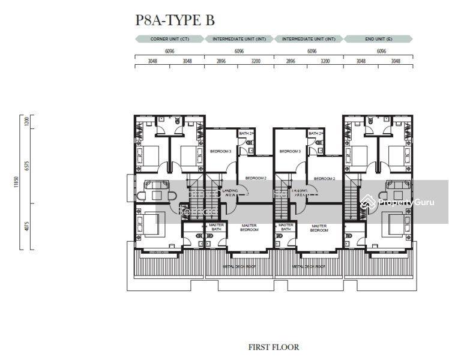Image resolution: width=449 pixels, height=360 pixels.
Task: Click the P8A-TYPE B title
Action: (175, 20)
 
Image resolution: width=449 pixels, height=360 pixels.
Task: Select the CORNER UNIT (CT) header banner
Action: (170, 39)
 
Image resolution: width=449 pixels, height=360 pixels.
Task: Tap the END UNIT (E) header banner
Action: (378, 39)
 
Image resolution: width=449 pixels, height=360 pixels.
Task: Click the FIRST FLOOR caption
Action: (274, 347)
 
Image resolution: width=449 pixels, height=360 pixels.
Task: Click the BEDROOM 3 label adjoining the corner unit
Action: (220, 152)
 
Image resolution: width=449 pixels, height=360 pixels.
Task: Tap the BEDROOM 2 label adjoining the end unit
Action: (324, 178)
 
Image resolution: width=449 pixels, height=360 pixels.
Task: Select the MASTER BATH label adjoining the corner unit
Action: (217, 227)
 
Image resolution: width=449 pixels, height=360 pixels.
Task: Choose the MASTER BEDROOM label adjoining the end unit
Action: (319, 228)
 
